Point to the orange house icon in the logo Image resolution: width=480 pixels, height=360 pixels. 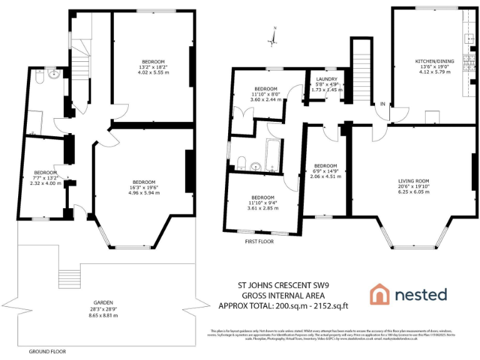click(380, 294)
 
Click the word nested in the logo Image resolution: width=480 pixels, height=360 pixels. click(420, 294)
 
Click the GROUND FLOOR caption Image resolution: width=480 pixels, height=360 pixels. click(47, 352)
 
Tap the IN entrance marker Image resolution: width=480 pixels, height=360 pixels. click(382, 103)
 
